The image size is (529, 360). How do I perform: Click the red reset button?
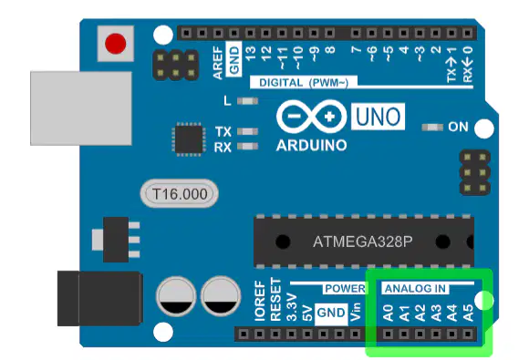point(116,44)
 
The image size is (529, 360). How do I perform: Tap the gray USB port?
point(81,108)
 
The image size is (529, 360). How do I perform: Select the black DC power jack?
point(100,298)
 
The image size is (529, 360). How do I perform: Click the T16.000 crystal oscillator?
point(180,194)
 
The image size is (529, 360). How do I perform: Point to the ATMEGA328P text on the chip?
point(363,242)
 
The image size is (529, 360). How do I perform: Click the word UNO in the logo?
point(379,117)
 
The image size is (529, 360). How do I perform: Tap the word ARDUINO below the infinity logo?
point(311,146)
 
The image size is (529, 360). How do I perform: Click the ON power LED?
point(432,127)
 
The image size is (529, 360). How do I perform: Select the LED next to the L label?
point(248,101)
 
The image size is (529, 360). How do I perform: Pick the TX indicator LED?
point(248,131)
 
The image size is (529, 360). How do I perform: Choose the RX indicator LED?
point(248,147)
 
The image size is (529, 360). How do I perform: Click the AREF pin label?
point(218,63)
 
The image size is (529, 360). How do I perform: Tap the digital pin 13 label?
point(250,53)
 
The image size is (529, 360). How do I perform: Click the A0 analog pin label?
point(389,313)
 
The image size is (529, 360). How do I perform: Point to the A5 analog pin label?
point(468,313)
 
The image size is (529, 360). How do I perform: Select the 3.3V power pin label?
point(292,307)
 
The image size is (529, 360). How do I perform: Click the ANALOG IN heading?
point(415,289)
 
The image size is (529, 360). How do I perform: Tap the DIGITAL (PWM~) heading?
point(304,83)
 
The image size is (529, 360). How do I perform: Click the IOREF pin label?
point(260,301)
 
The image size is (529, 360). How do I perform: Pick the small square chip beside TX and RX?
point(189,139)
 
